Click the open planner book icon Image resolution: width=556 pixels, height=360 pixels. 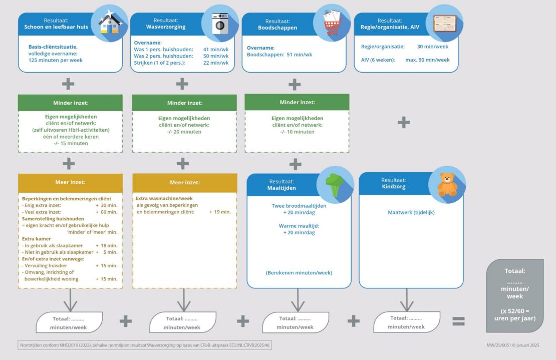pos(444,24)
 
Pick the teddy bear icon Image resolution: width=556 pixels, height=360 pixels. pos(447,184)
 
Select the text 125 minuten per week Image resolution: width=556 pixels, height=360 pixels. pos(56,60)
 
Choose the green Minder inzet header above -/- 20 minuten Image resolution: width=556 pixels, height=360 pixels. pos(184,103)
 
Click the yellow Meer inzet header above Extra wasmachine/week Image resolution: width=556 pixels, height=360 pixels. pos(184,182)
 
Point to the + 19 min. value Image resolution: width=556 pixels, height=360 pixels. pos(220,212)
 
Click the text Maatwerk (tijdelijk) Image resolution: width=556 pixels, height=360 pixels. pos(411,212)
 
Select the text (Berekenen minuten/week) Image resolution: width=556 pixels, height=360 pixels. pos(299,272)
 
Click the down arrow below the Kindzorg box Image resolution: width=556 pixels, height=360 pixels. pos(407,300)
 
